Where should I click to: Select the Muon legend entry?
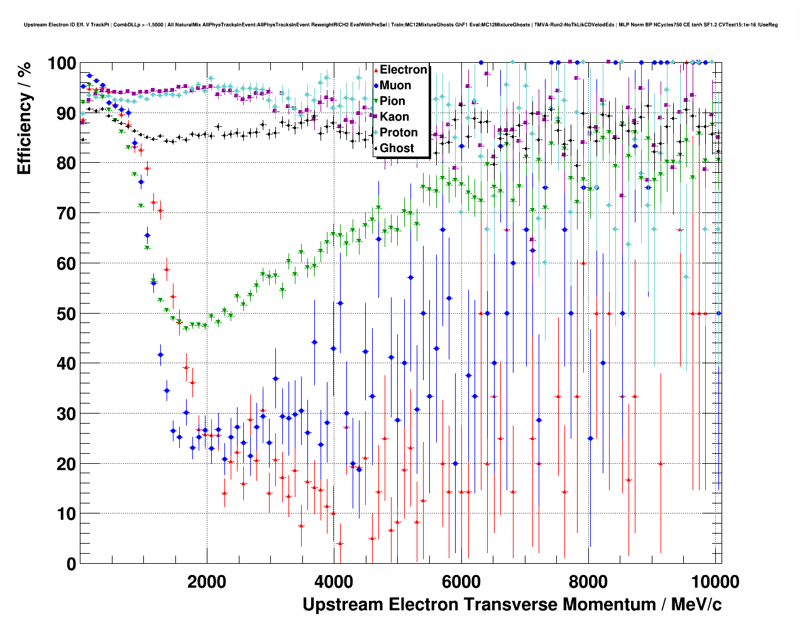tap(395, 85)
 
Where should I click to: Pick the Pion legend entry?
tap(392, 101)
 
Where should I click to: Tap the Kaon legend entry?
tap(394, 117)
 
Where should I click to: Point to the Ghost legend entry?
tap(397, 148)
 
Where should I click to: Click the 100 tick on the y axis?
tap(62, 63)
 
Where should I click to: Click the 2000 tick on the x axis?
tap(207, 581)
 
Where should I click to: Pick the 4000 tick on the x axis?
tap(334, 581)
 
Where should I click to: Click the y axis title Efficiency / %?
tap(25, 118)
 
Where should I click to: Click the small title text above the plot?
tap(400, 25)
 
